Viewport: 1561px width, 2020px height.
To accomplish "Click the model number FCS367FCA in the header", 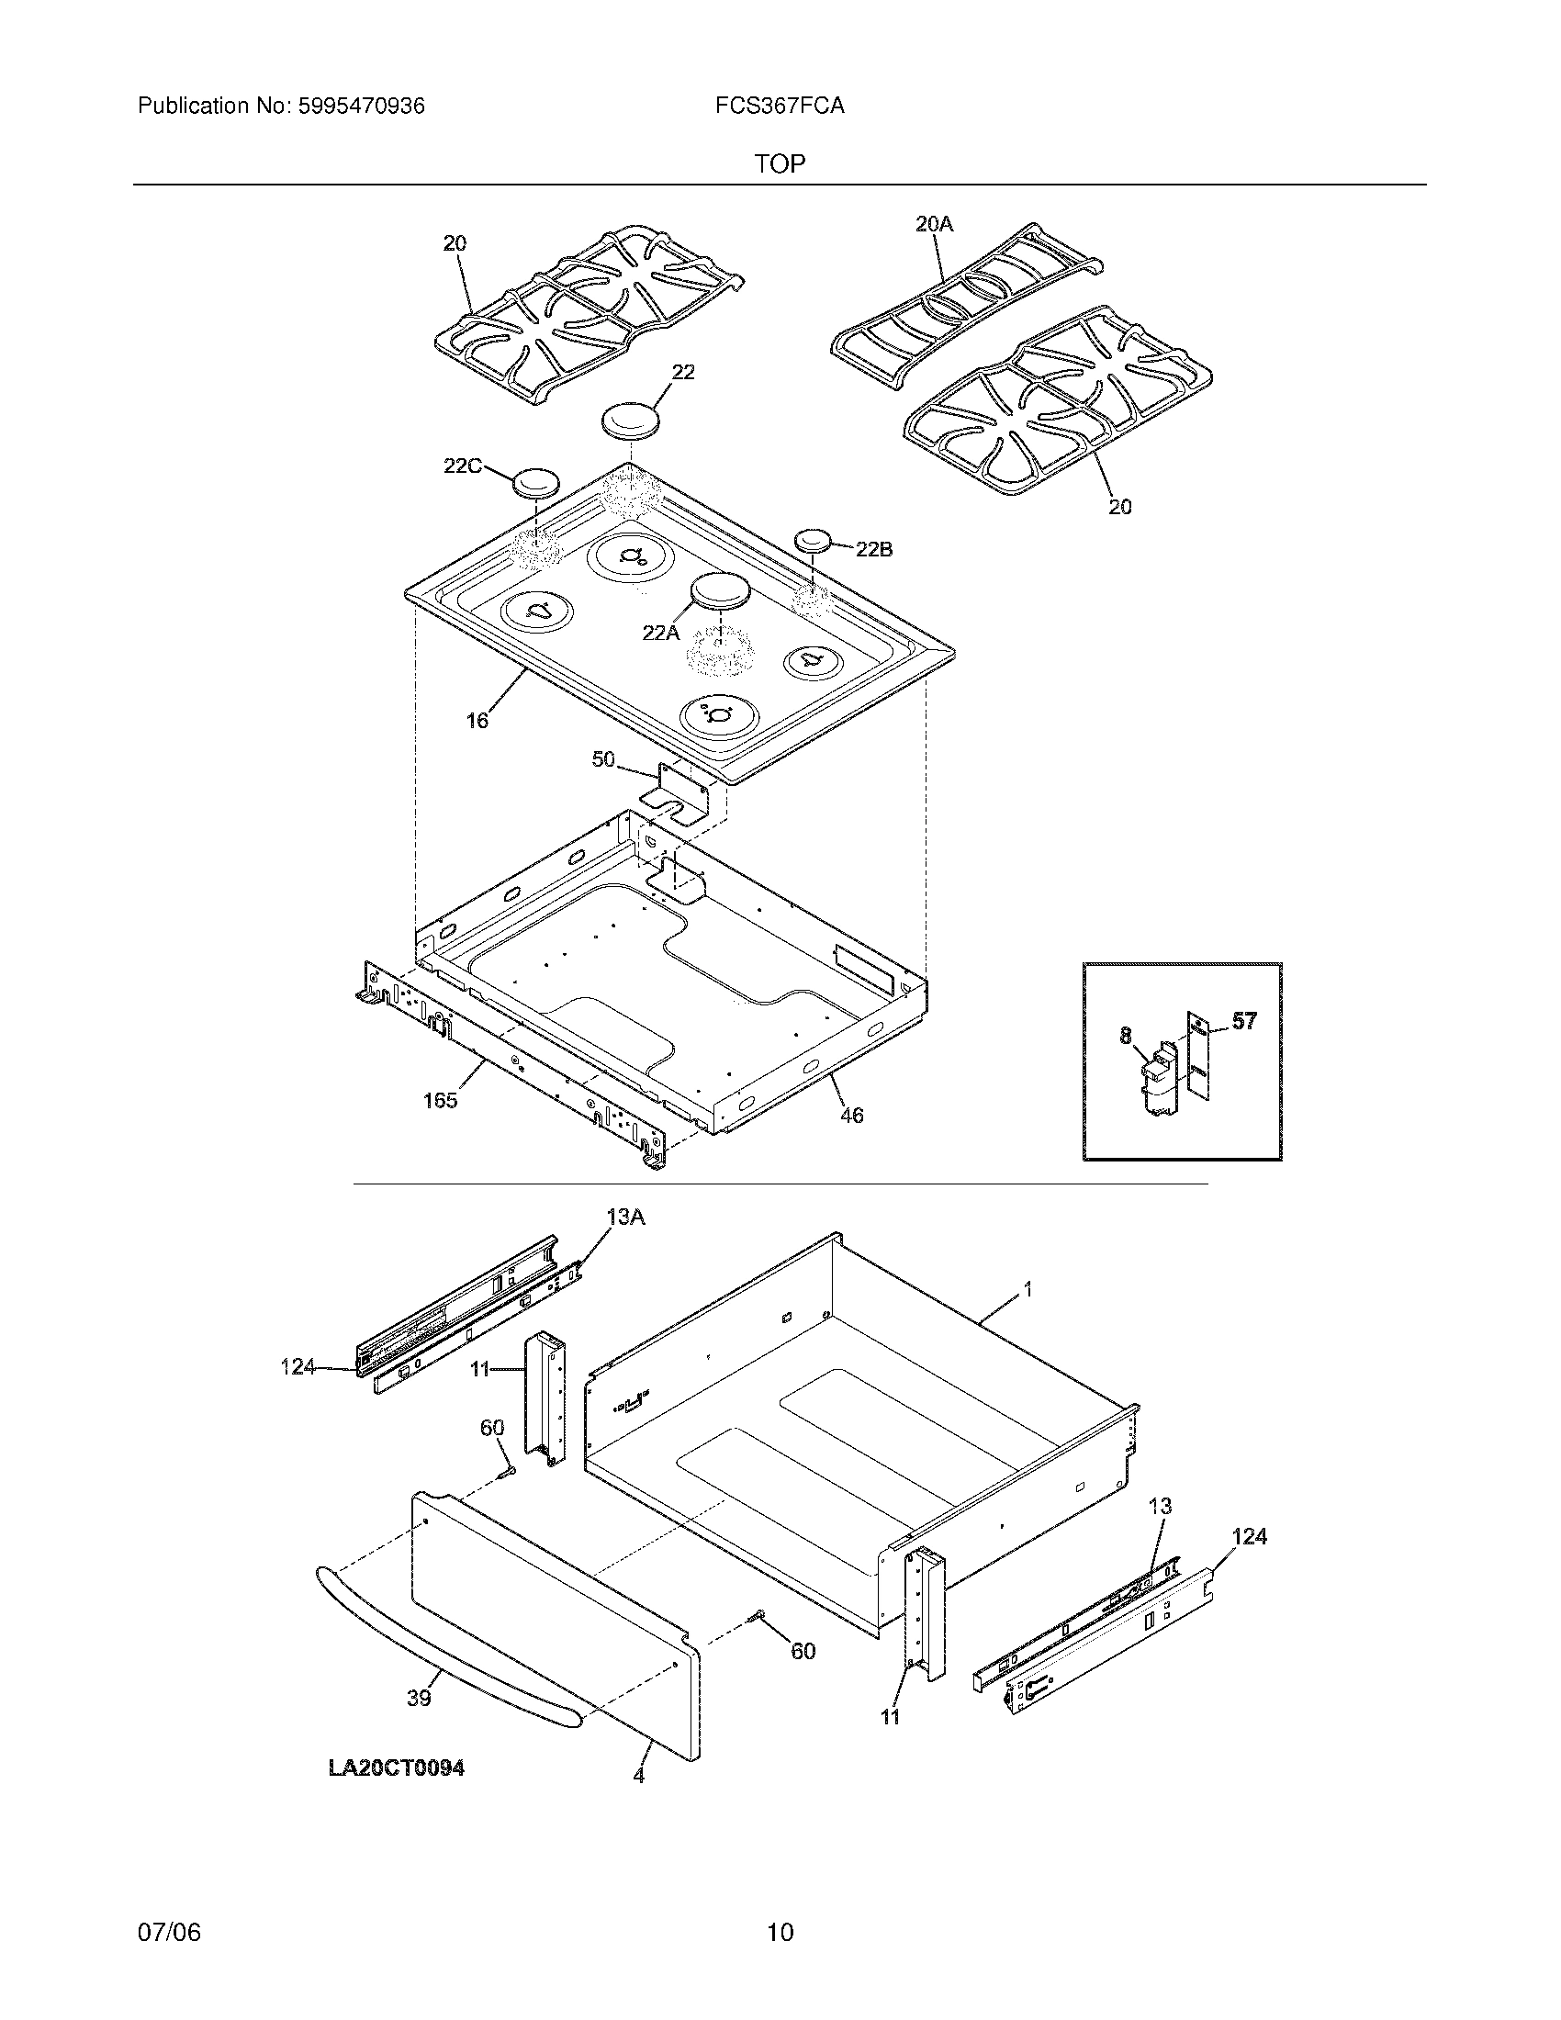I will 779,107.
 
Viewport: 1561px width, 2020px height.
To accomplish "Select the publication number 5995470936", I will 362,107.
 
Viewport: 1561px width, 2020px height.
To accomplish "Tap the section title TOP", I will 780,164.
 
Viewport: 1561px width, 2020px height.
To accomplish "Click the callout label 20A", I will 934,224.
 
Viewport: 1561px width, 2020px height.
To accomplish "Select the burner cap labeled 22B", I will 811,539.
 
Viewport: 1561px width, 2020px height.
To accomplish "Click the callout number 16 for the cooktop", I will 477,721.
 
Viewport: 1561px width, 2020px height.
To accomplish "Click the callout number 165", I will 440,1101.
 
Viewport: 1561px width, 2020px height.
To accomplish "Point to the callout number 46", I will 851,1117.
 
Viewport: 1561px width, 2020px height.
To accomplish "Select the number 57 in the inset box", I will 1245,1021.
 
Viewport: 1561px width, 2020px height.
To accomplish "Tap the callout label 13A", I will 625,1218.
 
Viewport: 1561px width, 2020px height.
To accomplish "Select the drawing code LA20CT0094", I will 397,1768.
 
